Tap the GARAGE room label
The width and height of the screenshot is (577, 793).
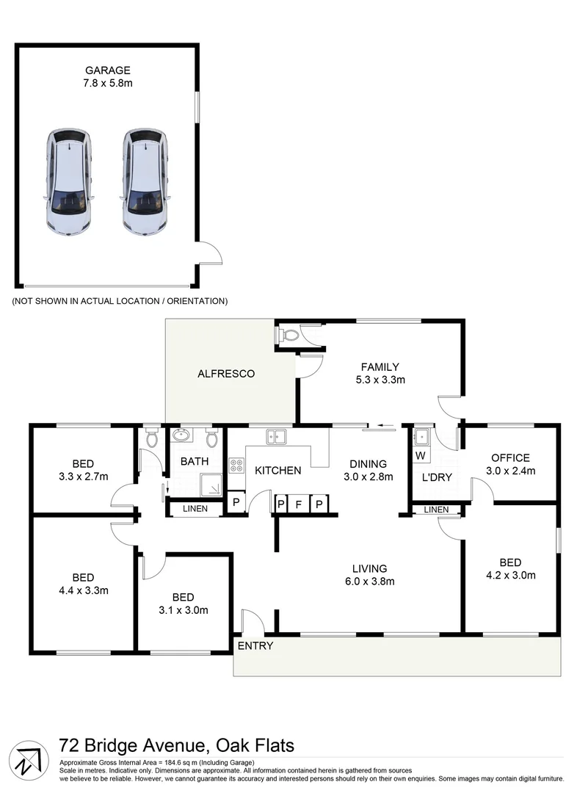[x=107, y=70]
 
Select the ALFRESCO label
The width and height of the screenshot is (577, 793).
[x=226, y=374]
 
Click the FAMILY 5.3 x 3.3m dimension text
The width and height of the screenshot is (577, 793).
[x=380, y=380]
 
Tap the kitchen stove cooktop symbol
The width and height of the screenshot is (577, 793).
[x=236, y=465]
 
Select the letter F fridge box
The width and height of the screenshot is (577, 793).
[x=300, y=504]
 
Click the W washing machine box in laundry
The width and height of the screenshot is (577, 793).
[x=420, y=456]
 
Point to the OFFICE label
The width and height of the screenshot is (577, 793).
[x=510, y=457]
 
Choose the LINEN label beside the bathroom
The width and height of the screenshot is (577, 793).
[x=195, y=509]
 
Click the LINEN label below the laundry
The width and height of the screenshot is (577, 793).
[x=436, y=510]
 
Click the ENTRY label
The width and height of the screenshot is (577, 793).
[x=255, y=645]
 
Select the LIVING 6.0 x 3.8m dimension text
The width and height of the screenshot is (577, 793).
[x=369, y=582]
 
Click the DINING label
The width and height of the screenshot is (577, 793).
[x=369, y=463]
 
